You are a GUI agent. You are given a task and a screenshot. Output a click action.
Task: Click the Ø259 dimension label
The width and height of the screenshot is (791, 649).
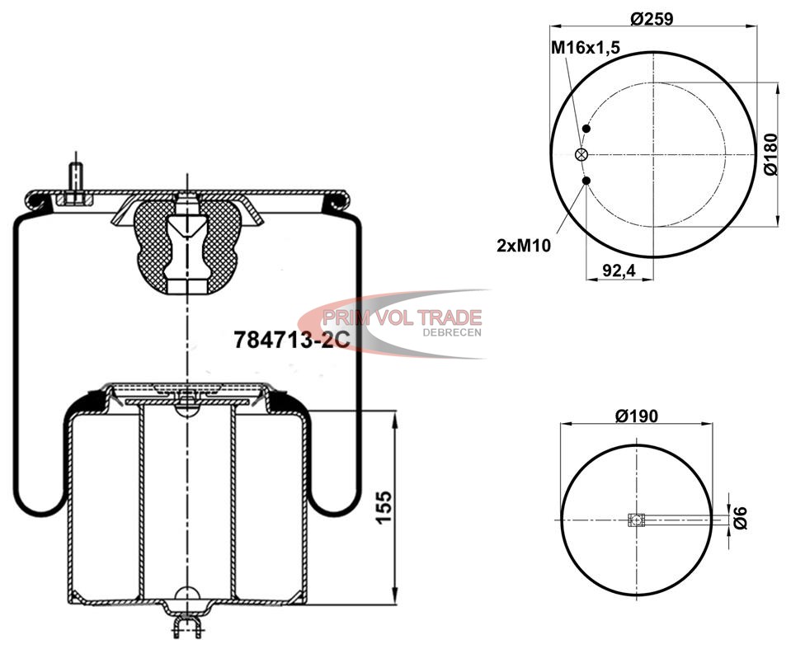coord(652,19)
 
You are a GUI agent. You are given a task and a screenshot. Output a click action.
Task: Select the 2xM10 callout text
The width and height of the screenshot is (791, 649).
coord(524,246)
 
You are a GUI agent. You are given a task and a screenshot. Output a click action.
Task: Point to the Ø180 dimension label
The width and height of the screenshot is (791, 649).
coord(772,154)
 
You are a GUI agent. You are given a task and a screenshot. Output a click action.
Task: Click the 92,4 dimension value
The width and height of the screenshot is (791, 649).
coord(619,270)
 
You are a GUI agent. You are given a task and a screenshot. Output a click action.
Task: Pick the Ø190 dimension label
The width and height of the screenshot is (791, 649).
coord(637,416)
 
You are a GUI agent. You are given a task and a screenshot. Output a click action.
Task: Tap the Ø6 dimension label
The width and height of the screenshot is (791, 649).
coord(740,519)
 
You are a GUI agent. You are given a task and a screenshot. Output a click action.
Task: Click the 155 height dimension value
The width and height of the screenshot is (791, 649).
coord(384,507)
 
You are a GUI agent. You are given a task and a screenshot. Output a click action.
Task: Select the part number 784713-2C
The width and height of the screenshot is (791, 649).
coord(292,340)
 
